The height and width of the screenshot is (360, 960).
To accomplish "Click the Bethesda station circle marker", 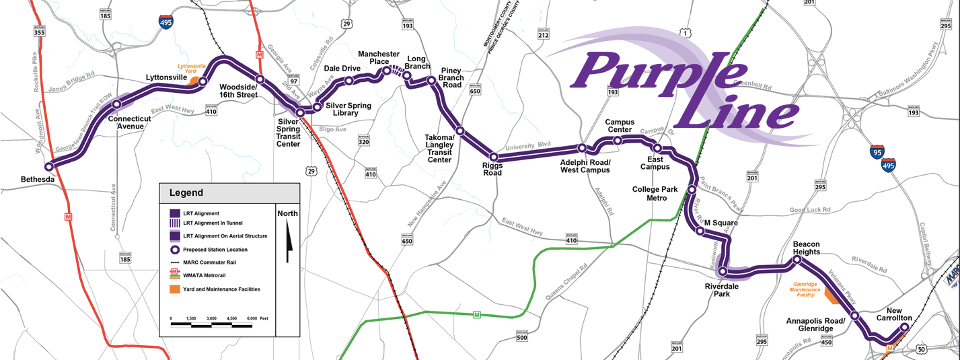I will coord(48,166).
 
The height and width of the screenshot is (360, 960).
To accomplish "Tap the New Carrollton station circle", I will coord(904,327).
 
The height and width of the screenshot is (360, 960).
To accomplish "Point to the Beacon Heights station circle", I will coord(797,260).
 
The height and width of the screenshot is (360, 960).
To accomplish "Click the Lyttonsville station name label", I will coord(167,78).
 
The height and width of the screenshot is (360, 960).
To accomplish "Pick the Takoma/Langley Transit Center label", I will coord(439,149).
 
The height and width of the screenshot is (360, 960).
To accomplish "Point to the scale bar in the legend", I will coord(211,324).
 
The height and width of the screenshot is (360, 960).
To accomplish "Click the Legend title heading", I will coord(186,193).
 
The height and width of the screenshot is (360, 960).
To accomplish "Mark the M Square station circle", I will coord(700,231).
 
